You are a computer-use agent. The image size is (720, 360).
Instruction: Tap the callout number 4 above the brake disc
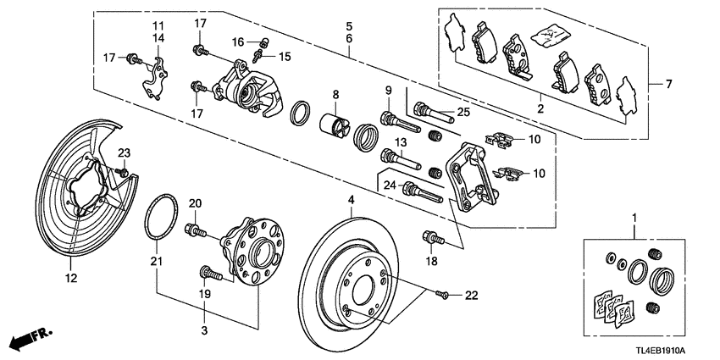point(352,201)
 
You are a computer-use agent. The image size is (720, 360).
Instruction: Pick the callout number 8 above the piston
point(335,94)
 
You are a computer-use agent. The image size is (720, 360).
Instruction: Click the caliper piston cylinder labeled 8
point(335,124)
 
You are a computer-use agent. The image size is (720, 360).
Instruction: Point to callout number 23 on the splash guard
point(124,152)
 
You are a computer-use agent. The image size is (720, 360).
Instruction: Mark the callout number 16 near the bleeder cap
point(238,41)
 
